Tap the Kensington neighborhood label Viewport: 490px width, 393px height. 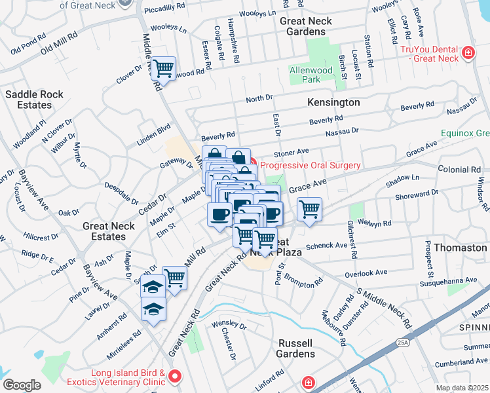[333, 103]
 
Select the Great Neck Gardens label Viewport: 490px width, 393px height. [306, 26]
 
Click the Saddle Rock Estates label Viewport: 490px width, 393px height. [34, 100]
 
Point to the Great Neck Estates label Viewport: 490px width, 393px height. [109, 231]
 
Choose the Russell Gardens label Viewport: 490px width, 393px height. [297, 348]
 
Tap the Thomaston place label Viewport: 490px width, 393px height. [464, 248]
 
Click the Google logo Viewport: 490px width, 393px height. [22, 385]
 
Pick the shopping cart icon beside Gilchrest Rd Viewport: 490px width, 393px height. [309, 210]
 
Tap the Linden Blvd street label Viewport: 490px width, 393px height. [153, 134]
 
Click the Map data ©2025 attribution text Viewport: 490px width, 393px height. [462, 388]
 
